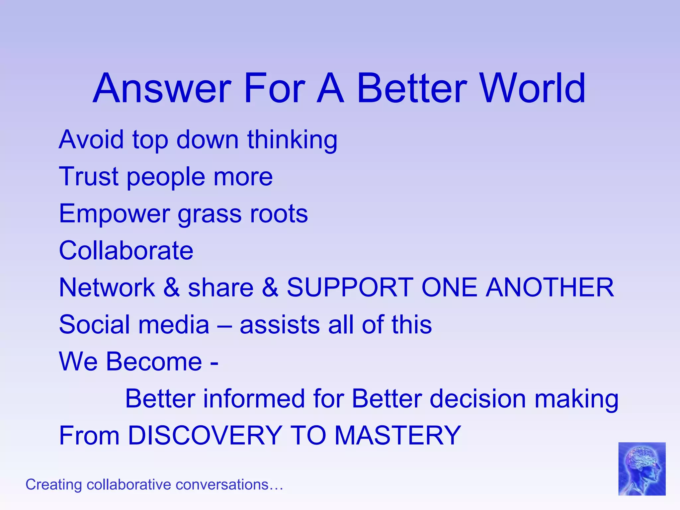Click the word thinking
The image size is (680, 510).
pos(292,140)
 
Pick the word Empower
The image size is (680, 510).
pos(114,214)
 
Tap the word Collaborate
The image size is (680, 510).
pos(126,251)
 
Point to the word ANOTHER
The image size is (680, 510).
pos(550,288)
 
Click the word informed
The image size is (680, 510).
pos(254,398)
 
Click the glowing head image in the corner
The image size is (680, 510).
pos(641,469)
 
